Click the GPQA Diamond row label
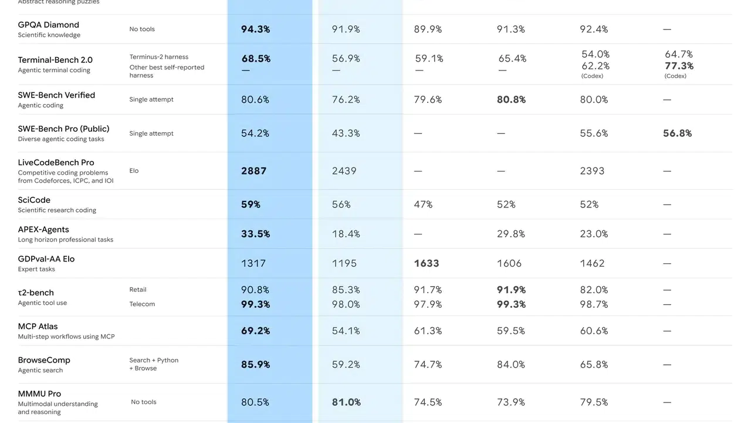[x=48, y=25]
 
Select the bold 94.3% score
[x=255, y=29]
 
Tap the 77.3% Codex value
[x=679, y=66]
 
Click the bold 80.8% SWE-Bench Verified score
[x=511, y=100]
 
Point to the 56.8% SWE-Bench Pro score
[x=677, y=133]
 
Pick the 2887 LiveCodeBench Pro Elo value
[x=253, y=171]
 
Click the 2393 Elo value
[x=592, y=171]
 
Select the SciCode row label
[x=34, y=200]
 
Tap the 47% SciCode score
[x=423, y=204]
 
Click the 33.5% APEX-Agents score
[x=255, y=234]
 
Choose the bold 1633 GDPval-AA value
[x=426, y=263]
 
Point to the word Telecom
[x=142, y=304]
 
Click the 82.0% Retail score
[x=594, y=290]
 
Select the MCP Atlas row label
[x=38, y=327]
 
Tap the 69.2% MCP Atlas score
[x=255, y=331]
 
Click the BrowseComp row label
[x=44, y=360]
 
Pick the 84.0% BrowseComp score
[x=510, y=364]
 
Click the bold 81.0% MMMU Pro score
[x=346, y=402]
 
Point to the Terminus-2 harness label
[x=159, y=57]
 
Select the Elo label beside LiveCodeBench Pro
[x=134, y=171]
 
